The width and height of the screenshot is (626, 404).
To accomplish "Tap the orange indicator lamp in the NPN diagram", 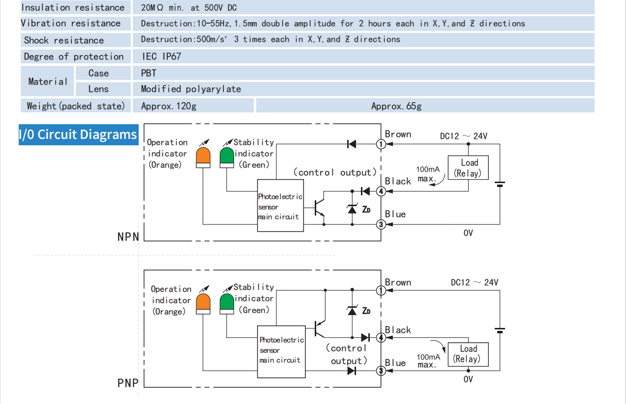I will tap(203, 157).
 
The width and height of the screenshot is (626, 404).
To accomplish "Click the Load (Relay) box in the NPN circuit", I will tap(468, 168).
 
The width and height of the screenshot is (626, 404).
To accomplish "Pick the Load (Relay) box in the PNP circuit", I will tap(468, 354).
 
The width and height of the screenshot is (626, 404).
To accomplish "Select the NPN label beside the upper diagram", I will tap(128, 237).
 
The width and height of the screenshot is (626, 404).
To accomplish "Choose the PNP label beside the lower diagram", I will tap(128, 383).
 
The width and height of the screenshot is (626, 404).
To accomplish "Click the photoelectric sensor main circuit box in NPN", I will tap(280, 206).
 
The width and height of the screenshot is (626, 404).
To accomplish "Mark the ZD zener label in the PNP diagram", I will tap(366, 311).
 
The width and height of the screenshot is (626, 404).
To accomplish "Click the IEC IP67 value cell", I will tap(161, 56).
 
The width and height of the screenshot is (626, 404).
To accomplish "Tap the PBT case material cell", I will tap(149, 73).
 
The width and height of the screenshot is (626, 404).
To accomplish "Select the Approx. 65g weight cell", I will tap(396, 106).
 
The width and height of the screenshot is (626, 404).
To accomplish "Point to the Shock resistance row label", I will tap(64, 40).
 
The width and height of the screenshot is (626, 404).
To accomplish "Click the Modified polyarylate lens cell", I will tap(191, 89).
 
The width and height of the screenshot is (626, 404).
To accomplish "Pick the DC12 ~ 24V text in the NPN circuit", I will tap(463, 136).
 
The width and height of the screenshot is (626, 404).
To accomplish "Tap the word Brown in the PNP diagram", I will tap(398, 282).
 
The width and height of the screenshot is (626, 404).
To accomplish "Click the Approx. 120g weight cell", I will tap(169, 106).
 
